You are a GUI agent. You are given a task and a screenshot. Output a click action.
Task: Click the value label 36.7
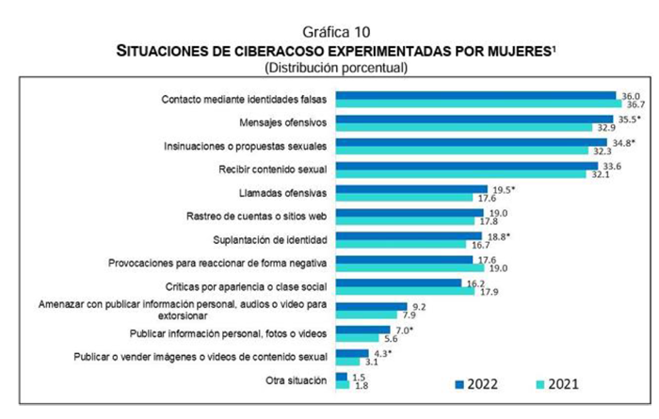tap(636, 105)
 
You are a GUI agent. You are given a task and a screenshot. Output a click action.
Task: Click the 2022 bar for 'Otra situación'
tap(340, 377)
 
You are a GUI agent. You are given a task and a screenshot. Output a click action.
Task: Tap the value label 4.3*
tap(381, 353)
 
